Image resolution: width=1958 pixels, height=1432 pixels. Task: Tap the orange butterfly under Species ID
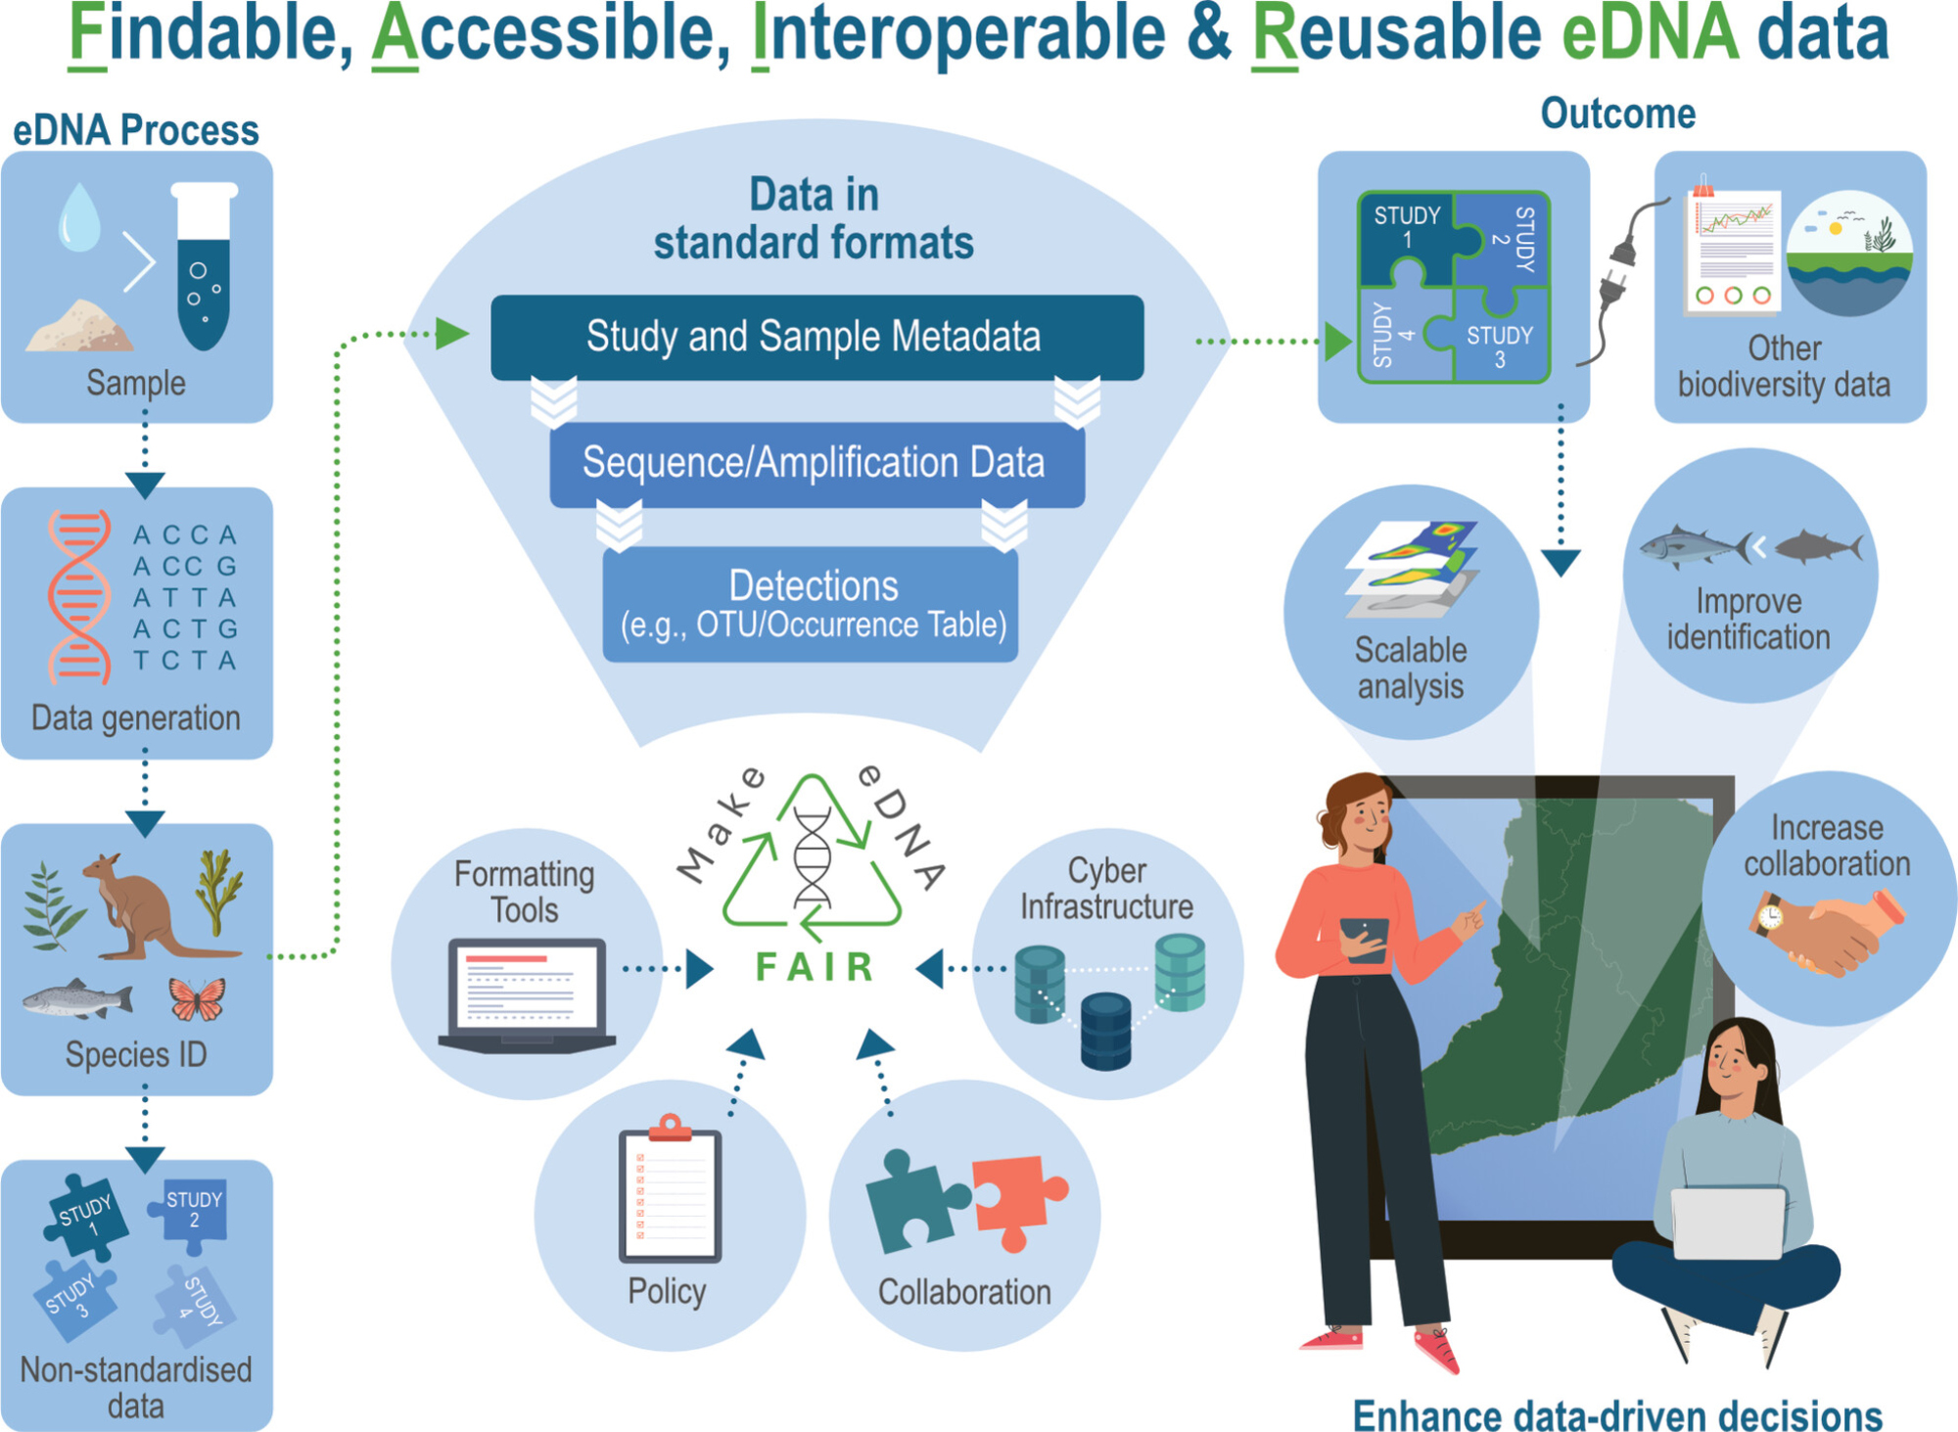pyautogui.click(x=197, y=999)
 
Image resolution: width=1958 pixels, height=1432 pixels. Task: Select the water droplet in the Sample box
pyautogui.click(x=79, y=217)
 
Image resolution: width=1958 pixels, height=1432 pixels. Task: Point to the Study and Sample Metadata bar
pyautogui.click(x=816, y=337)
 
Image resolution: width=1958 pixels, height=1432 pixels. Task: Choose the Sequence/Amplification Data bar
pyautogui.click(x=816, y=463)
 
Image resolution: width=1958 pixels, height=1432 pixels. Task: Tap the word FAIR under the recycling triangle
pyautogui.click(x=816, y=967)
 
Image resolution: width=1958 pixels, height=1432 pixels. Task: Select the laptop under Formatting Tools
pyautogui.click(x=527, y=994)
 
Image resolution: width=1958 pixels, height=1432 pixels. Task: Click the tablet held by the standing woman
pyautogui.click(x=1364, y=939)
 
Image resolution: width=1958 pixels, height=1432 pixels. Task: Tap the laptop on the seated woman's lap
pyautogui.click(x=1728, y=1224)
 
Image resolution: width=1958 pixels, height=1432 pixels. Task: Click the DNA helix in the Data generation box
pyautogui.click(x=78, y=597)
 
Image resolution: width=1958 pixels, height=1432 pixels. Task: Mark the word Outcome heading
pyautogui.click(x=1617, y=115)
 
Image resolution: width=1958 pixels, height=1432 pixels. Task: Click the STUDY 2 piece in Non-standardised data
pyautogui.click(x=192, y=1215)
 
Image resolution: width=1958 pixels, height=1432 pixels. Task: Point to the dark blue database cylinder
pyautogui.click(x=1106, y=1031)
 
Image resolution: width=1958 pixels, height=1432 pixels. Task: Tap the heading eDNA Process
pyautogui.click(x=135, y=131)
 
